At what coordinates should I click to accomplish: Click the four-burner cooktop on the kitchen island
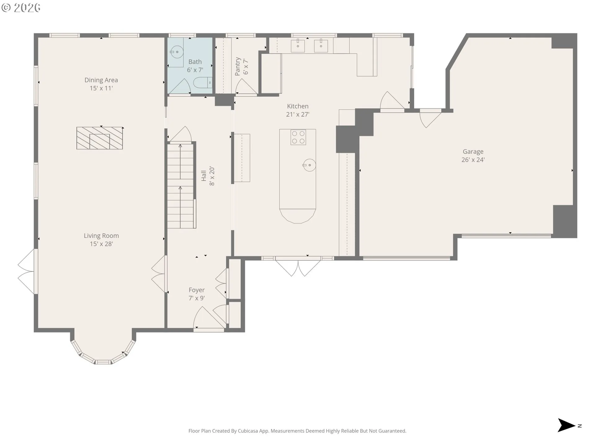pos(298,137)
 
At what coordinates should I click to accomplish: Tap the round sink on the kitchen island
pos(309,165)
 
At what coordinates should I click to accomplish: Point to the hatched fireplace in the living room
pos(99,138)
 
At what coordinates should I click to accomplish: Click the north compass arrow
pos(566,425)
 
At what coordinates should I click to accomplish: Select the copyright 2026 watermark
pos(21,8)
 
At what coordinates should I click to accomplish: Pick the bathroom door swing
pos(179,86)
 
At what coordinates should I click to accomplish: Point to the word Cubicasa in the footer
pos(248,431)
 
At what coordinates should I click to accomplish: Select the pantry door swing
pos(247,86)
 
